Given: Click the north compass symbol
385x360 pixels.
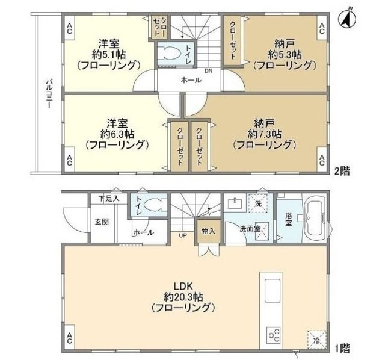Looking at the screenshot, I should point(348,19).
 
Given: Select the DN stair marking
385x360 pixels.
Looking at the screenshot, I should point(208,71).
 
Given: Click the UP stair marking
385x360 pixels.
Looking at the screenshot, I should point(182,235).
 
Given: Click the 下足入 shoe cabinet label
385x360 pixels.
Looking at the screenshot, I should point(109,198).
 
